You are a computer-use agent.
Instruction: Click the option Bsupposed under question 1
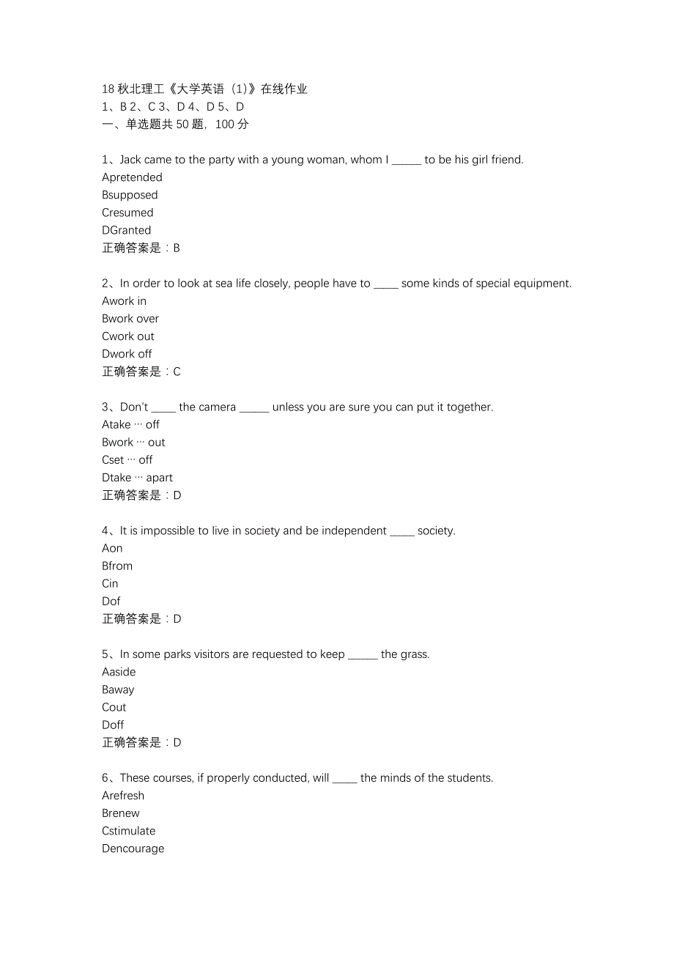(130, 195)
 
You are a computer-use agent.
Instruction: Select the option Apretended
(132, 177)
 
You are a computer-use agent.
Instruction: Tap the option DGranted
(126, 230)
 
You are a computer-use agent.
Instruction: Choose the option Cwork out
(128, 336)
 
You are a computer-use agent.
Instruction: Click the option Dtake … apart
(137, 478)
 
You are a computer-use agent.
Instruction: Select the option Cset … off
(127, 460)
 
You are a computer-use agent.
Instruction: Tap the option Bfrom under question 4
(117, 566)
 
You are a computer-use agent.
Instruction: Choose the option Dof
(111, 601)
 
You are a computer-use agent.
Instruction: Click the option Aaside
(119, 672)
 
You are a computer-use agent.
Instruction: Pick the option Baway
(118, 689)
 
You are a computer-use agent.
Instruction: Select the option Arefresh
(123, 796)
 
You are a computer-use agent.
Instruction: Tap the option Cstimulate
(129, 831)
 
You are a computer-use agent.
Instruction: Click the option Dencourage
(133, 848)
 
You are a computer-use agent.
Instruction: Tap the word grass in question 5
(415, 654)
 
